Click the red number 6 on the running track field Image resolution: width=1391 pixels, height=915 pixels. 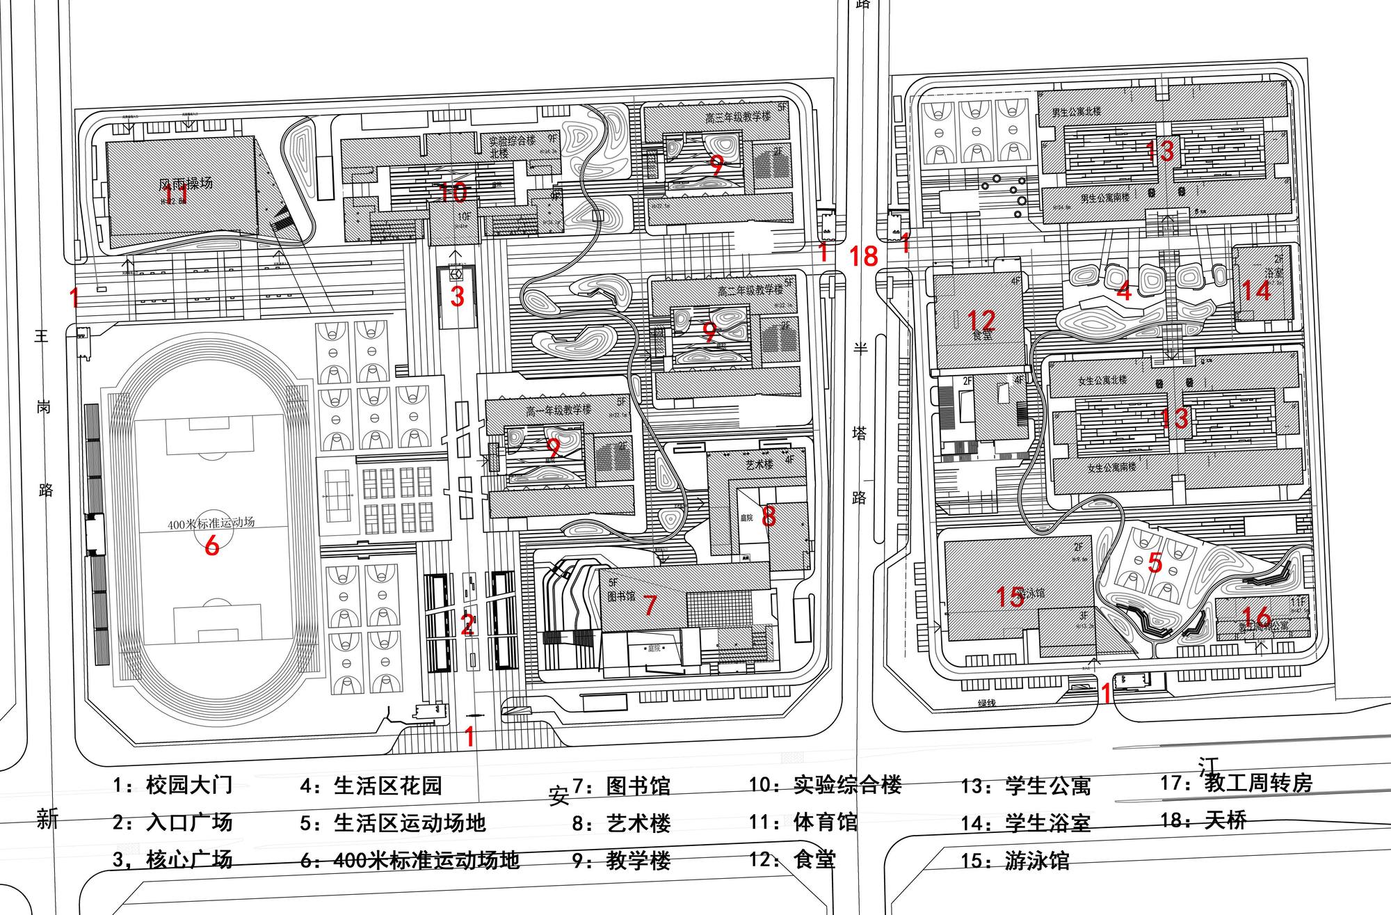point(212,545)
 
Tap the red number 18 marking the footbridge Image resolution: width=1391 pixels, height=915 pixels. point(864,257)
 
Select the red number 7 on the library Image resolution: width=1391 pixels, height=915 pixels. point(650,605)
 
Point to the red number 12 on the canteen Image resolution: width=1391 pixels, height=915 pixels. point(981,320)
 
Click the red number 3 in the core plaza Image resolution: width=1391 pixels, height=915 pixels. point(457,296)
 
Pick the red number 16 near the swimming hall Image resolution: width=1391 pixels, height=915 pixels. point(1256,616)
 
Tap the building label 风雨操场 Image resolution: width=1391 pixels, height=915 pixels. point(186,184)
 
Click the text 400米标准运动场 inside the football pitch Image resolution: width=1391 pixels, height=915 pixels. point(211,523)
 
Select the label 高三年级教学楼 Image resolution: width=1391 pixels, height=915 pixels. point(738,117)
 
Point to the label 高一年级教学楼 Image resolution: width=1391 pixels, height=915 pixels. point(558,411)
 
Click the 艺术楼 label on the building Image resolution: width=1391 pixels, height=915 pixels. point(759,463)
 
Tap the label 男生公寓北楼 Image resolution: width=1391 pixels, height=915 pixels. point(1076,111)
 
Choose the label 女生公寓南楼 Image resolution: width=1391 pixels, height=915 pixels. point(1111,468)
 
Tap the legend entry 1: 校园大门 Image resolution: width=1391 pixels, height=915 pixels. point(172,786)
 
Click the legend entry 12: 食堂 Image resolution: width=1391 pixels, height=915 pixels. point(792,859)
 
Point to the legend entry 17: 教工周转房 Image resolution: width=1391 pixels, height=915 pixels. point(1236,783)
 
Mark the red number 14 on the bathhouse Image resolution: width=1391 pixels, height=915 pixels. point(1256,289)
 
